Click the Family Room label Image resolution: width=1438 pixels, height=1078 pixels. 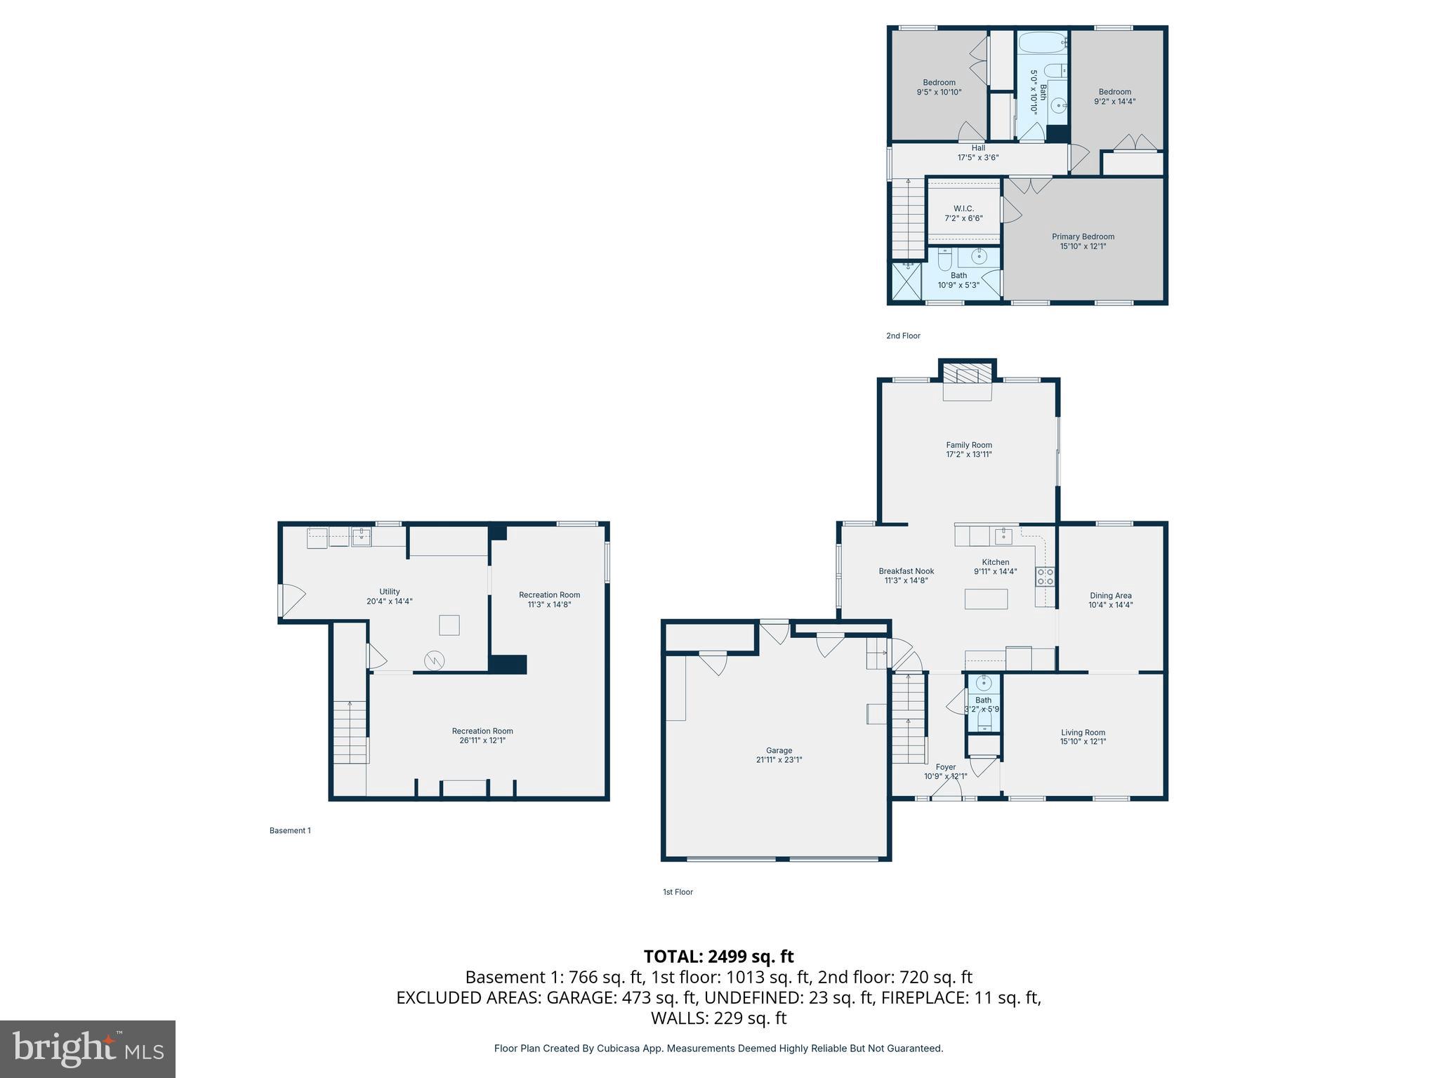[x=968, y=445]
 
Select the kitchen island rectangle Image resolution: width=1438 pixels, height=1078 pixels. [x=986, y=599]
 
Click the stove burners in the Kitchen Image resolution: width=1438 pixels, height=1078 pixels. [x=1045, y=577]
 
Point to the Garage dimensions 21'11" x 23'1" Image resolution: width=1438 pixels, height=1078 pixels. [x=779, y=759]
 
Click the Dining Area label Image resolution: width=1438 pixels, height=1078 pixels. [x=1110, y=595]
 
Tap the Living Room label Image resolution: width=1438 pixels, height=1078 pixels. [x=1083, y=732]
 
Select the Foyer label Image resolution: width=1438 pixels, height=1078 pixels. [x=945, y=766]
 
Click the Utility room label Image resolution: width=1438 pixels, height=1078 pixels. [x=389, y=592]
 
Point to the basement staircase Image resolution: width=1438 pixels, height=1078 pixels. [x=350, y=731]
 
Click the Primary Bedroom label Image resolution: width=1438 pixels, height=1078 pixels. [x=1083, y=237]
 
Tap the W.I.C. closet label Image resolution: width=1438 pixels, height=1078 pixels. [x=963, y=208]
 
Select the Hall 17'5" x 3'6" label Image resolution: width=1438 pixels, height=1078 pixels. [x=978, y=152]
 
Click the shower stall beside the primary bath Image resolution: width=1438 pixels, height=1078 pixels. [x=906, y=281]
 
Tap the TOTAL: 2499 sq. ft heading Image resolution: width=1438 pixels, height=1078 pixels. [x=718, y=956]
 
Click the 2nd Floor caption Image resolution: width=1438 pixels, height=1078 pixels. [x=903, y=335]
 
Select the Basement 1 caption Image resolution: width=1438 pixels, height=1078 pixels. [x=290, y=830]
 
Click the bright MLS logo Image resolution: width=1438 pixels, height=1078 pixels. [x=87, y=1049]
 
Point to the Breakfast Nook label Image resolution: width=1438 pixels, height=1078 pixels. [x=906, y=571]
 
